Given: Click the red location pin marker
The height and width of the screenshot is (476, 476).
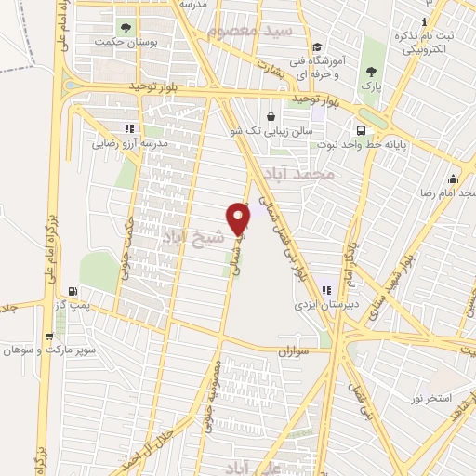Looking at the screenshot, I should coord(240,219).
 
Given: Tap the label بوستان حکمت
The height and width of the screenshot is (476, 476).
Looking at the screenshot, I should coord(126,43).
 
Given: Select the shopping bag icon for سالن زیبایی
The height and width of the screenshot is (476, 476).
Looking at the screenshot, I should coord(271,117).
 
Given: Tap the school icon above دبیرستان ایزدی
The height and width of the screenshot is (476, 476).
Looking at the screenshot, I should coord(325,289).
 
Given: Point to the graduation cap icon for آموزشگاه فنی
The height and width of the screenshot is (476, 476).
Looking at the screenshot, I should coord(316,47).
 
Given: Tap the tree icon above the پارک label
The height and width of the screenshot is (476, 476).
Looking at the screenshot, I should coord(371,72).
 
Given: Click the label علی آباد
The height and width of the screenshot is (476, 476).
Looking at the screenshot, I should coord(253,467).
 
